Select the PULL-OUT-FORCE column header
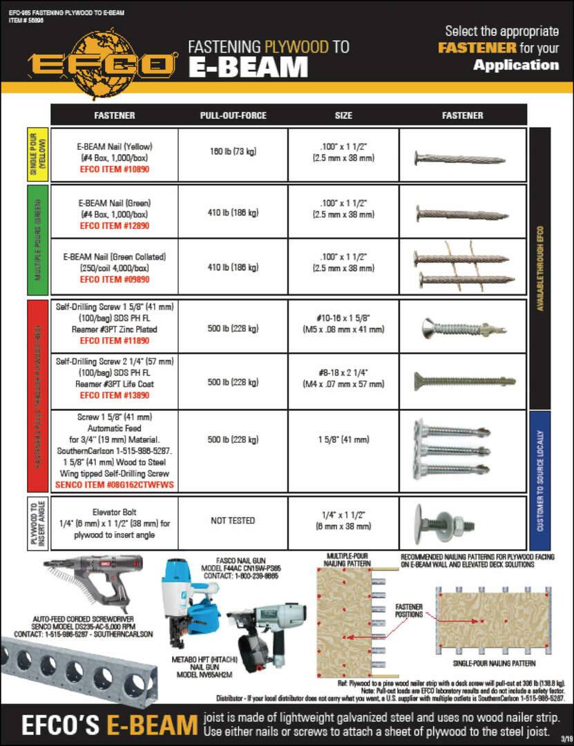[233, 115]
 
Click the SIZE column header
[343, 115]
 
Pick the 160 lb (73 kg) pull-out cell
[233, 151]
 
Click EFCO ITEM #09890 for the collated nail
[114, 280]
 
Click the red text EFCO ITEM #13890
[114, 396]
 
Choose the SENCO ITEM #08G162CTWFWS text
[114, 486]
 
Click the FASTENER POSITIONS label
[408, 611]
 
